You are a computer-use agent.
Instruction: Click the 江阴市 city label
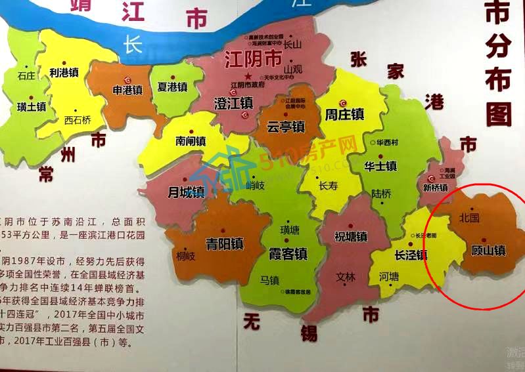(253, 60)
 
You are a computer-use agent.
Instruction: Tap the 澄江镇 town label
(234, 104)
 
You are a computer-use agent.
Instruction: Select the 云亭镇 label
(286, 127)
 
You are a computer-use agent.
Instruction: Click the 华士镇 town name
(380, 166)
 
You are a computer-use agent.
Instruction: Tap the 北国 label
(469, 217)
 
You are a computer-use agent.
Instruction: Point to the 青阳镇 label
(225, 244)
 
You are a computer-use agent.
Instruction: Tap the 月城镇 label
(186, 192)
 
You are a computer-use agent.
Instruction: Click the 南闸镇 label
(191, 141)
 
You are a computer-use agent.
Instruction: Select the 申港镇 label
(127, 89)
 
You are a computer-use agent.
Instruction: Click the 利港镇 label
(64, 73)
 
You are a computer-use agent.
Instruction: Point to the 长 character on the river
(133, 44)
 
